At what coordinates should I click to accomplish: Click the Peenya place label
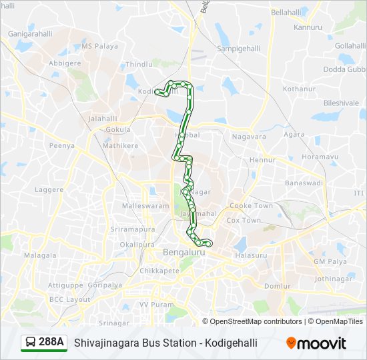(61, 145)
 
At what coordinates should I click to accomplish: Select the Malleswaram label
(145, 206)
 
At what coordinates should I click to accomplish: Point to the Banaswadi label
(304, 182)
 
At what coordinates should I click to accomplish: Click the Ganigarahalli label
(30, 33)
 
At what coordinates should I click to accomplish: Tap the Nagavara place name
(249, 137)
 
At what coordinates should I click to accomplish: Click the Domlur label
(277, 285)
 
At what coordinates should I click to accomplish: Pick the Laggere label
(49, 189)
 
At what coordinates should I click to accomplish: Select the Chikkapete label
(159, 271)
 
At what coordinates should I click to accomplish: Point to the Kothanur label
(298, 89)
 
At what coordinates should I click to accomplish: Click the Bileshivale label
(341, 103)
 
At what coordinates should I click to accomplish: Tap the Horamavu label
(316, 157)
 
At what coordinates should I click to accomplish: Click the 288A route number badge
(51, 342)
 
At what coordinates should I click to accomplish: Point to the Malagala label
(40, 255)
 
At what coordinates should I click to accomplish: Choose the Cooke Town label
(251, 206)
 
